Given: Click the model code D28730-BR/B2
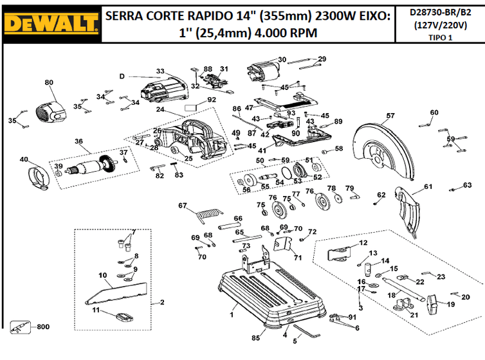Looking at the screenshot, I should click(444, 12).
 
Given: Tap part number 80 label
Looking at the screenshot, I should click(50, 82).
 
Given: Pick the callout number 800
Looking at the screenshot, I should click(42, 327).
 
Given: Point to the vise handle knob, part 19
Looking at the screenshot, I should click(432, 300).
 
